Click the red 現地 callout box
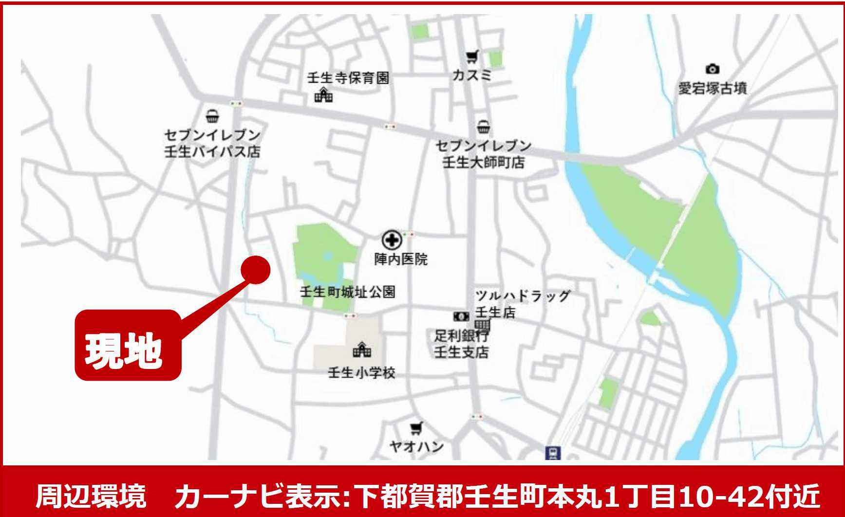pos(128,345)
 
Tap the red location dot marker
pos(256,269)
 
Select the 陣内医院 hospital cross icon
pos(391,240)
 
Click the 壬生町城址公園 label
pos(347,292)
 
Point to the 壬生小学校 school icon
pos(361,350)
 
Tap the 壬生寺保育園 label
pos(348,78)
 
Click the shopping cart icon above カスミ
pos(471,57)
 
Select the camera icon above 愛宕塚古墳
pos(712,69)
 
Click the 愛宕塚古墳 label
pos(713,89)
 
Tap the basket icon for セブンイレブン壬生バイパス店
pos(212,116)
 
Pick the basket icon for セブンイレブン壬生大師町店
pos(483,127)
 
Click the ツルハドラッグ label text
pos(522,296)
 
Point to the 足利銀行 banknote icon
pos(461,317)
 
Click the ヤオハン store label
pos(417,446)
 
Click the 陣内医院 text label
pos(400,259)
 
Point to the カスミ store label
pos(472,75)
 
